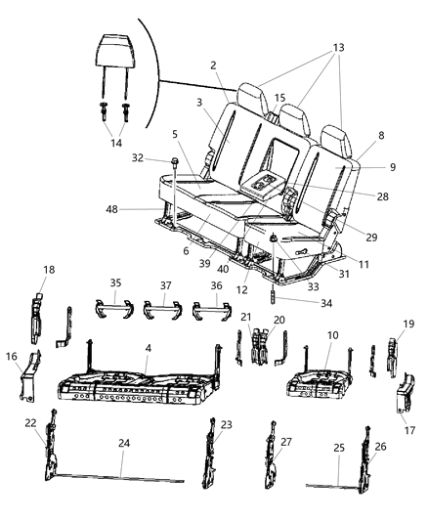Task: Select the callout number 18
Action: pyautogui.click(x=49, y=269)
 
